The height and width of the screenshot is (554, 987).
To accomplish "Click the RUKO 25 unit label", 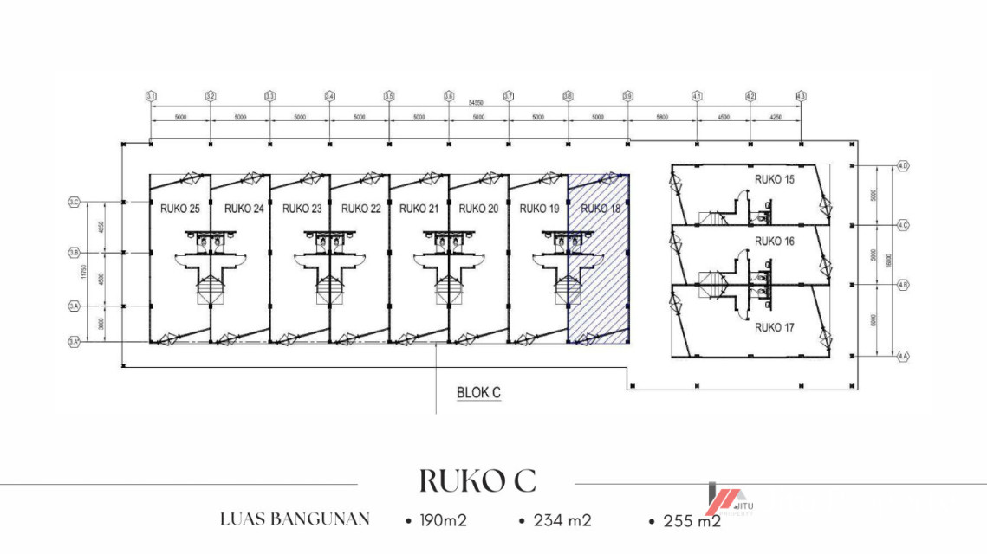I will tap(180, 209).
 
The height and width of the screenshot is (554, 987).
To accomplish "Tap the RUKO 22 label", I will tap(360, 209).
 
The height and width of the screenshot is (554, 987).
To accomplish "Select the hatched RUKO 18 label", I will tap(600, 209).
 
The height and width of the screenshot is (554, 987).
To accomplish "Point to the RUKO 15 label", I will tap(774, 180).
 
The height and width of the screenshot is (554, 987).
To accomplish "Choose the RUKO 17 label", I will tap(774, 327).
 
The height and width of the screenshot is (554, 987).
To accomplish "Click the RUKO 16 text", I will tap(774, 242).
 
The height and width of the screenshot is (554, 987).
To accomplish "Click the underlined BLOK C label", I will tap(478, 392).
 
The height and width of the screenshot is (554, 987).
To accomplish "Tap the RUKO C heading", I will tap(477, 480).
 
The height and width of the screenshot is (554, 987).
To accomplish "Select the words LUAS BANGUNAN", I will tap(295, 519).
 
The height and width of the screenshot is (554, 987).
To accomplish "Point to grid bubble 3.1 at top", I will tap(151, 96).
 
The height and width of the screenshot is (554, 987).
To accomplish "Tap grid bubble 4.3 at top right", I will tap(801, 96).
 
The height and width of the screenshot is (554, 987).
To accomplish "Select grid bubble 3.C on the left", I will tap(74, 203).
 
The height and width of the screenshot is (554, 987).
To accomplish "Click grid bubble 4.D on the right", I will tap(902, 165).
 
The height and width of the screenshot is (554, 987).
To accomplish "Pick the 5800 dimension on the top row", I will tap(662, 116).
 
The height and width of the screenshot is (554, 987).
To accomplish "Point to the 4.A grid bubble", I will tap(902, 356).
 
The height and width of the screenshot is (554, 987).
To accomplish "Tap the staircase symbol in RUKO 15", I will tap(718, 217).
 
